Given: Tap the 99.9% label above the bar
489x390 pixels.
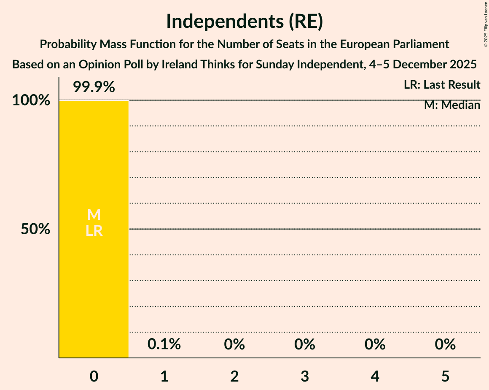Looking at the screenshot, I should [94, 87].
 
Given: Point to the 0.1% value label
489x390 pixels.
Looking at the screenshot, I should [164, 344].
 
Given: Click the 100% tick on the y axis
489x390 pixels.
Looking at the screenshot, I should [31, 100].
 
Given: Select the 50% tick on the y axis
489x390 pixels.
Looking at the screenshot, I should [36, 229].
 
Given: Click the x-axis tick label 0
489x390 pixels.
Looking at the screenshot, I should [94, 376].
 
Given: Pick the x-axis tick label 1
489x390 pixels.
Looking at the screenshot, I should [164, 376].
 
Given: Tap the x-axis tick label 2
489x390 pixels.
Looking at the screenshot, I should [234, 376].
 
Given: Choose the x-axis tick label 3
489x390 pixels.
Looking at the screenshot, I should [305, 376].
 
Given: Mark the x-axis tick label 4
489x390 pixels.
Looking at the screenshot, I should [375, 376].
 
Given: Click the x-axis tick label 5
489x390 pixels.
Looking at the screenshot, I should [445, 376].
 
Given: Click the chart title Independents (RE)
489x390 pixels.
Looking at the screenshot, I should [244, 21].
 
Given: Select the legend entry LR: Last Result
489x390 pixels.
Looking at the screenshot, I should [442, 85].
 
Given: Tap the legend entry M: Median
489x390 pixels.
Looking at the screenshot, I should [452, 105].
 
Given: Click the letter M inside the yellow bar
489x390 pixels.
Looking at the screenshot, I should [94, 215].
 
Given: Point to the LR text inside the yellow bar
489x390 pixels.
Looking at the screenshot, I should [94, 231].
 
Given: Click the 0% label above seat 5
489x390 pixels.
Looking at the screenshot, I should [445, 344].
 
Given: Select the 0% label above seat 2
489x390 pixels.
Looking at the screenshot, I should [234, 344].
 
